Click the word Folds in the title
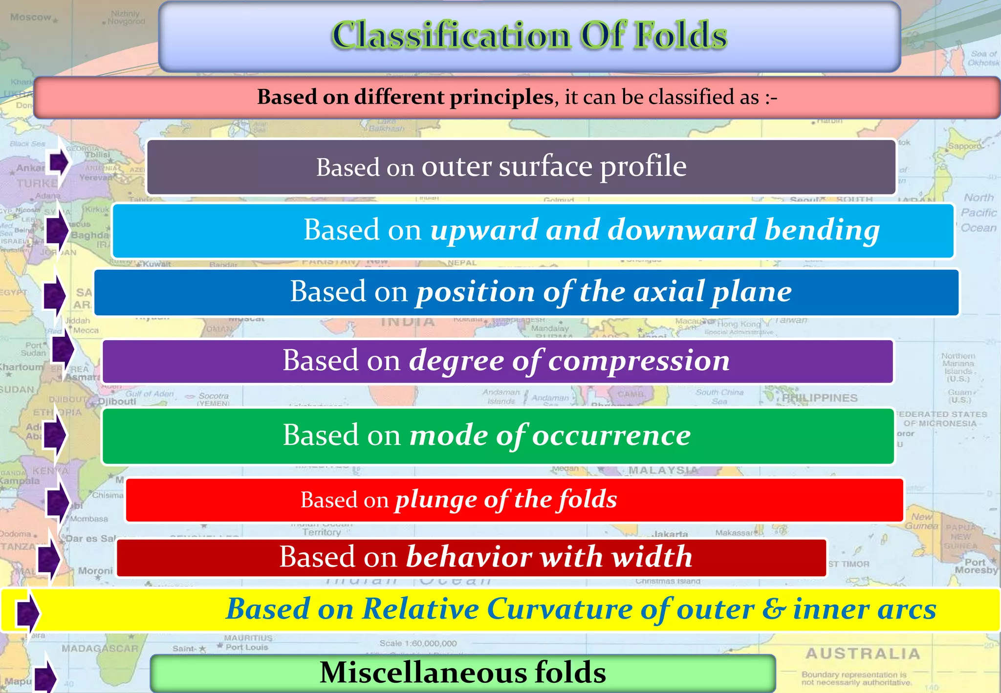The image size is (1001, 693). pos(680,35)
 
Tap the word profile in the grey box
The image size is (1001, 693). pos(643,167)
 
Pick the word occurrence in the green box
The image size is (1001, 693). pos(611,435)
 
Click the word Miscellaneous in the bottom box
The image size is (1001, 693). pos(422,672)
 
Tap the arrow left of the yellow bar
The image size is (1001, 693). pos(28,611)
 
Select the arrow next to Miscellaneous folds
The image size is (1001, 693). pos(45,676)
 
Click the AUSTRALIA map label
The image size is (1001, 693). pos(863,653)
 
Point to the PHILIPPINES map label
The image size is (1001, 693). pos(820,398)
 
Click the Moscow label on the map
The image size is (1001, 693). pos(30,18)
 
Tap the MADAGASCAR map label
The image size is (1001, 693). pos(100,649)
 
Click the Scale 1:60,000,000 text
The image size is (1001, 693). pos(418,644)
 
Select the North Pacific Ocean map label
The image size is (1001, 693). pos(979,213)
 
